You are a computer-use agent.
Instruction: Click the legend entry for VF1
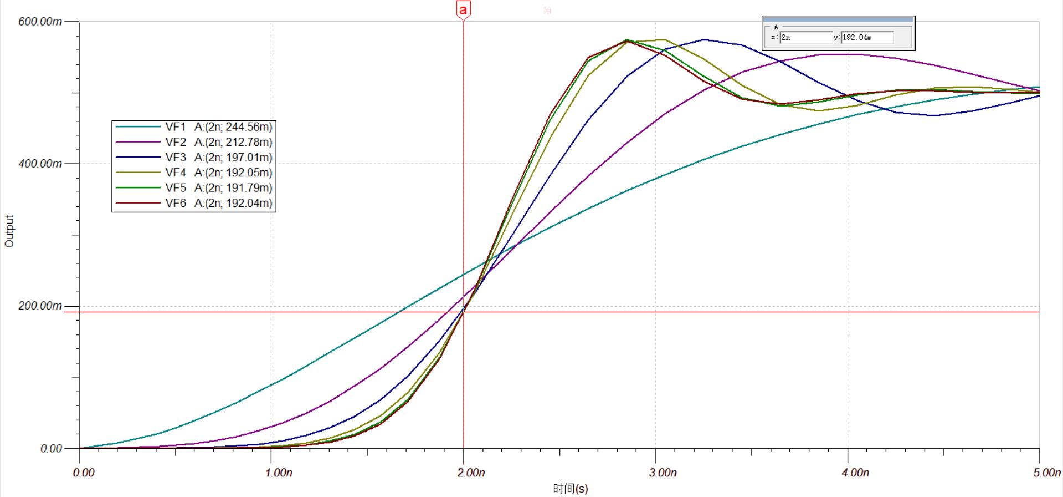tap(176, 127)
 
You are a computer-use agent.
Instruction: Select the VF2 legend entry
tap(176, 142)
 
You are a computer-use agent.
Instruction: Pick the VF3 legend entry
tap(176, 158)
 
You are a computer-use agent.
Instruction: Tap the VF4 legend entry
tap(176, 173)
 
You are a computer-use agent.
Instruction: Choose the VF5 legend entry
tap(176, 188)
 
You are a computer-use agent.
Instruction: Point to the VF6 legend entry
tap(176, 203)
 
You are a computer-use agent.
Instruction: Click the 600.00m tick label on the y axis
tap(40, 22)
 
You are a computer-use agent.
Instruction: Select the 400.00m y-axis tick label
tap(40, 164)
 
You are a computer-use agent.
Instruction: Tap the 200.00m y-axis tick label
tap(40, 306)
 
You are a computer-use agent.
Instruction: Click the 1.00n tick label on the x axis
tap(279, 473)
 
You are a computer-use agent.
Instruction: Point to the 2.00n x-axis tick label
tap(471, 473)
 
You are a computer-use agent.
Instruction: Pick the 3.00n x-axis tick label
tap(663, 473)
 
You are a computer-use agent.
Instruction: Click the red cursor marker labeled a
tap(463, 10)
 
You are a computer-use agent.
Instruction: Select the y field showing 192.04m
tap(867, 38)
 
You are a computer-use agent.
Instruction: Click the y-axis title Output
tap(9, 231)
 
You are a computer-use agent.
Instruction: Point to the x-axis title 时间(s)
tap(570, 489)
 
